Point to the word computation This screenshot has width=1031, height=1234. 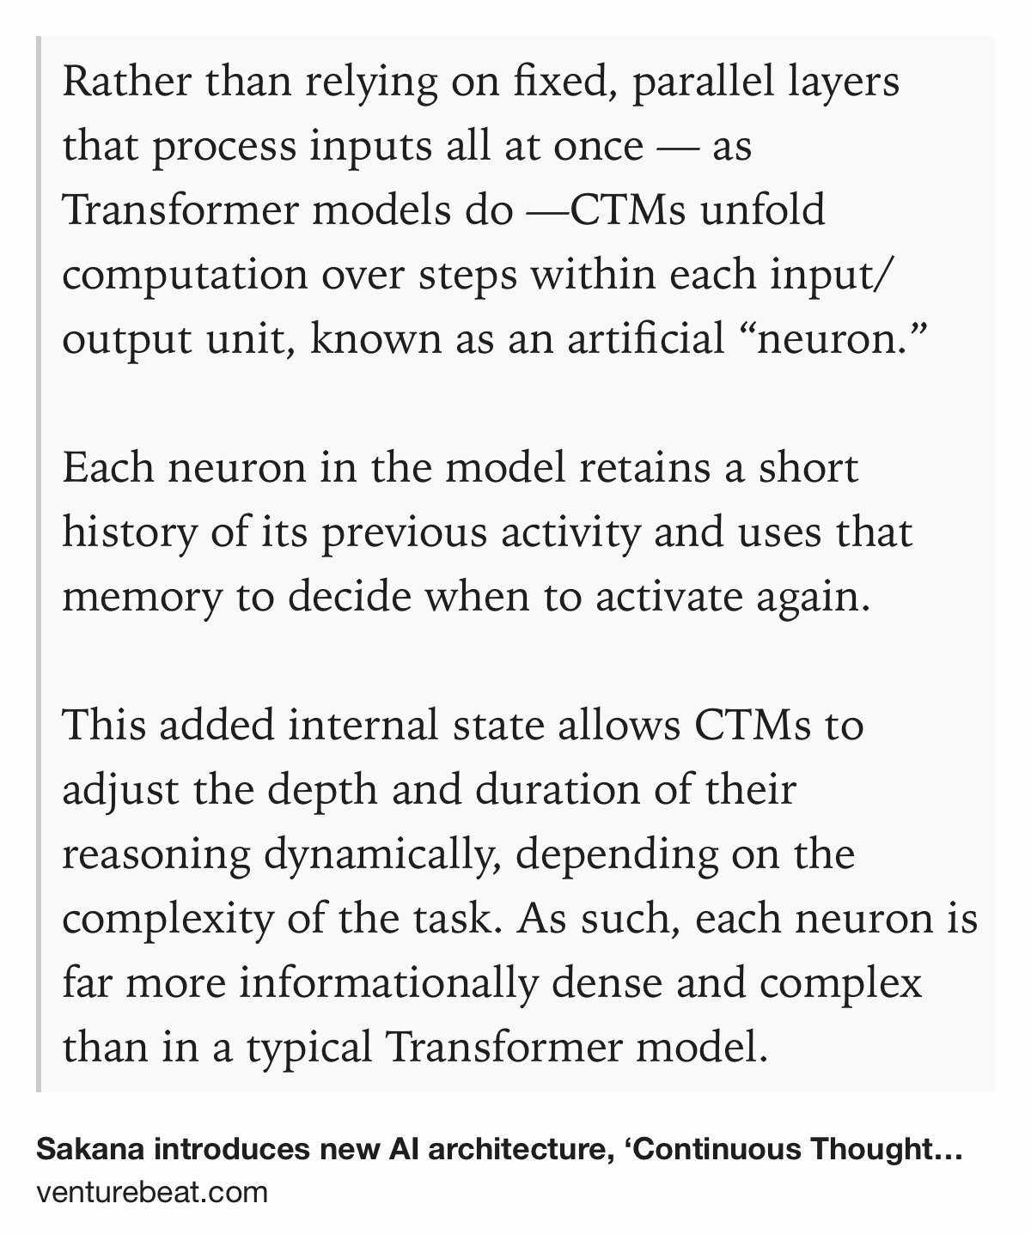185,276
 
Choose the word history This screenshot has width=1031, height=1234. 130,532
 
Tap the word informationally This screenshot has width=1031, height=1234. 387,983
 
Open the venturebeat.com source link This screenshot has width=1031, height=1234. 152,1192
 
